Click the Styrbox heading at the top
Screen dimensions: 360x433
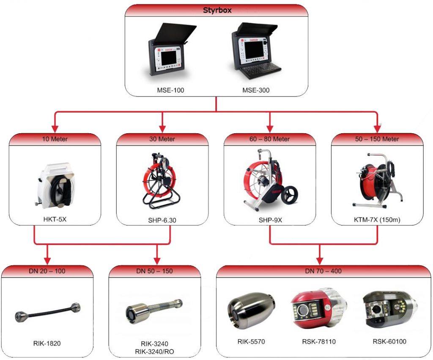click(x=217, y=10)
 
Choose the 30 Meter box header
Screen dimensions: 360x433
click(x=162, y=139)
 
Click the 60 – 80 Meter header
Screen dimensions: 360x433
click(x=270, y=139)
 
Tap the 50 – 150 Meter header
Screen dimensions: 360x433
click(x=377, y=139)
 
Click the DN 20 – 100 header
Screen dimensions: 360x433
click(x=47, y=271)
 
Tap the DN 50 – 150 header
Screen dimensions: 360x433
click(x=154, y=271)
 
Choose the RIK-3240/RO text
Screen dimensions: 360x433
click(x=154, y=351)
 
